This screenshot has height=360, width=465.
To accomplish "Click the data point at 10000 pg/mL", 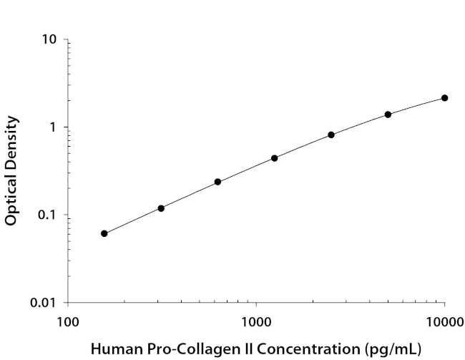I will (444, 98).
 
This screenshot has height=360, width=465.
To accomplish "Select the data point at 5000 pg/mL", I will (388, 115).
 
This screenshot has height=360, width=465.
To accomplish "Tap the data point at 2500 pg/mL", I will (331, 135).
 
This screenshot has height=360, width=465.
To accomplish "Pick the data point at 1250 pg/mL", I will (275, 158).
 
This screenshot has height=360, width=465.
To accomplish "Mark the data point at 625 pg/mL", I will (217, 182).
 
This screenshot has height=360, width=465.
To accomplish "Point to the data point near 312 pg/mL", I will (161, 208).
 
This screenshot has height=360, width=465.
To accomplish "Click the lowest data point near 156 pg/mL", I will (104, 233).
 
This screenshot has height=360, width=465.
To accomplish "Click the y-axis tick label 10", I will (49, 39).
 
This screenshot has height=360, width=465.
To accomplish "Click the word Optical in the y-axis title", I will (11, 198).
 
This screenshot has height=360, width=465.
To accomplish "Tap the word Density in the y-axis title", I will (11, 142).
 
